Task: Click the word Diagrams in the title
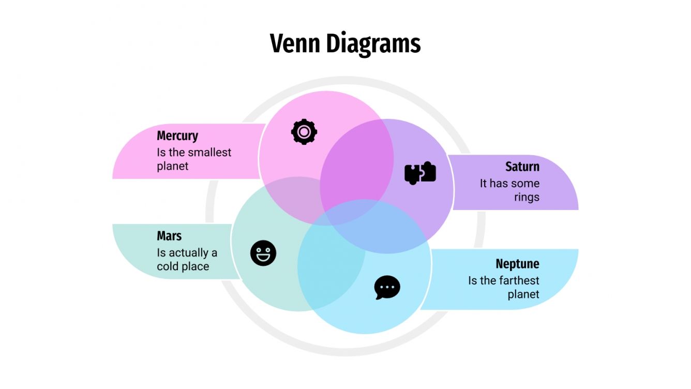point(373,44)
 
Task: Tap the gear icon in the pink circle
point(304,131)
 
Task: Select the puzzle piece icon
point(420,173)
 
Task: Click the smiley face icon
point(263,253)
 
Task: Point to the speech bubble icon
point(387,287)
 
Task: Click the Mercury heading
point(177,136)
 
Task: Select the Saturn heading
point(522,167)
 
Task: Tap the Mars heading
point(169,236)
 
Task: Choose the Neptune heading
point(517,264)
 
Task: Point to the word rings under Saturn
point(527,197)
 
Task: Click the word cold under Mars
point(169,267)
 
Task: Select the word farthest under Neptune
point(519,280)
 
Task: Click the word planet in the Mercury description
point(173,166)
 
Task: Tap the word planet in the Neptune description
point(523,294)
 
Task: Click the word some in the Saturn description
point(527,183)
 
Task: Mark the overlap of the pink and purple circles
point(357,166)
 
